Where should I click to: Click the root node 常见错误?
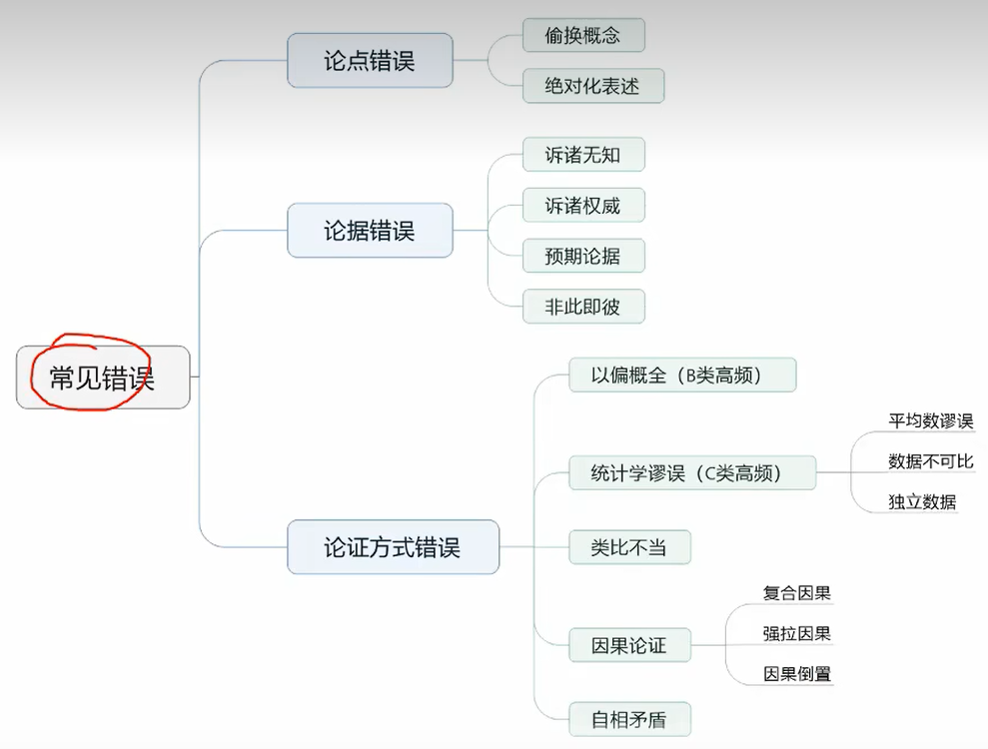point(103,377)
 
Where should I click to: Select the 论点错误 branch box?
point(370,61)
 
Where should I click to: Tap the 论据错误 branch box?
point(370,231)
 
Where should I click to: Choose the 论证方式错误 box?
point(393,547)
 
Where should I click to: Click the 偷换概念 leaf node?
point(583,36)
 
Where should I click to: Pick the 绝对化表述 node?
point(593,86)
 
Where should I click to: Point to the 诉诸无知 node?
point(583,155)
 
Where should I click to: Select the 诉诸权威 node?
point(583,206)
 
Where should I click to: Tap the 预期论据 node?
point(583,257)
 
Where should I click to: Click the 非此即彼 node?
point(583,308)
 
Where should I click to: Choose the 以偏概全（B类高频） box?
point(682,375)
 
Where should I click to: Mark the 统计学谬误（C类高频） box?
point(692,473)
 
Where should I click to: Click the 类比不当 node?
point(629,547)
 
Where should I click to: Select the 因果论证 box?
point(629,645)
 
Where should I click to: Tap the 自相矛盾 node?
point(629,719)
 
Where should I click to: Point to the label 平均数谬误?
point(930,421)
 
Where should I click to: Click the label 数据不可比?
point(930,461)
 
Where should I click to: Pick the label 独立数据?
point(922,501)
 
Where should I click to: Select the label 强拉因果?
point(797,633)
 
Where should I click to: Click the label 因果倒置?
point(797,674)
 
